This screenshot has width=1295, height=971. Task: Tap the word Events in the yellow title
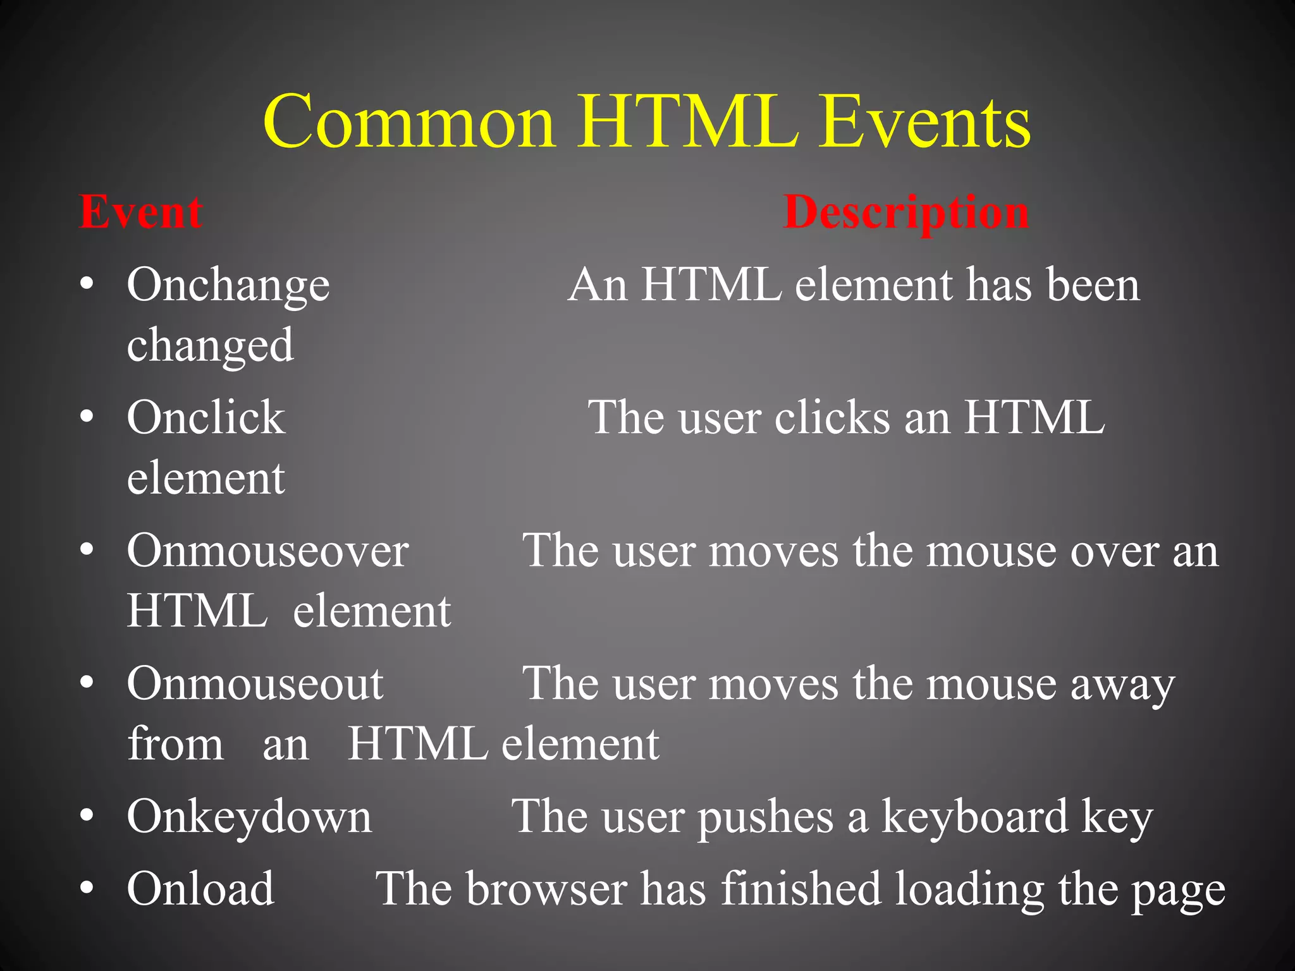[924, 121]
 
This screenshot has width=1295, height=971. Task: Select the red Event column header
[140, 212]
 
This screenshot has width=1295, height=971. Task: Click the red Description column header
[906, 213]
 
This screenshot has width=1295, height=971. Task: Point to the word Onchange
[228, 286]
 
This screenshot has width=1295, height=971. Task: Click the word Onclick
[206, 418]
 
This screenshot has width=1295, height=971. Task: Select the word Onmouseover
[268, 551]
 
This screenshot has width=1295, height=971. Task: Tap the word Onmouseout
[255, 683]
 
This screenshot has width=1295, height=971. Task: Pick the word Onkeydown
[249, 817]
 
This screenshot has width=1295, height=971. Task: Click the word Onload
[200, 888]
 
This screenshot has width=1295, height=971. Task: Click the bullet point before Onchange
[87, 283]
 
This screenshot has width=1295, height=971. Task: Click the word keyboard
[974, 816]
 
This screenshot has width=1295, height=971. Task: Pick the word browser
[547, 888]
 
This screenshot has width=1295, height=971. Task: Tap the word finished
[801, 888]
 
